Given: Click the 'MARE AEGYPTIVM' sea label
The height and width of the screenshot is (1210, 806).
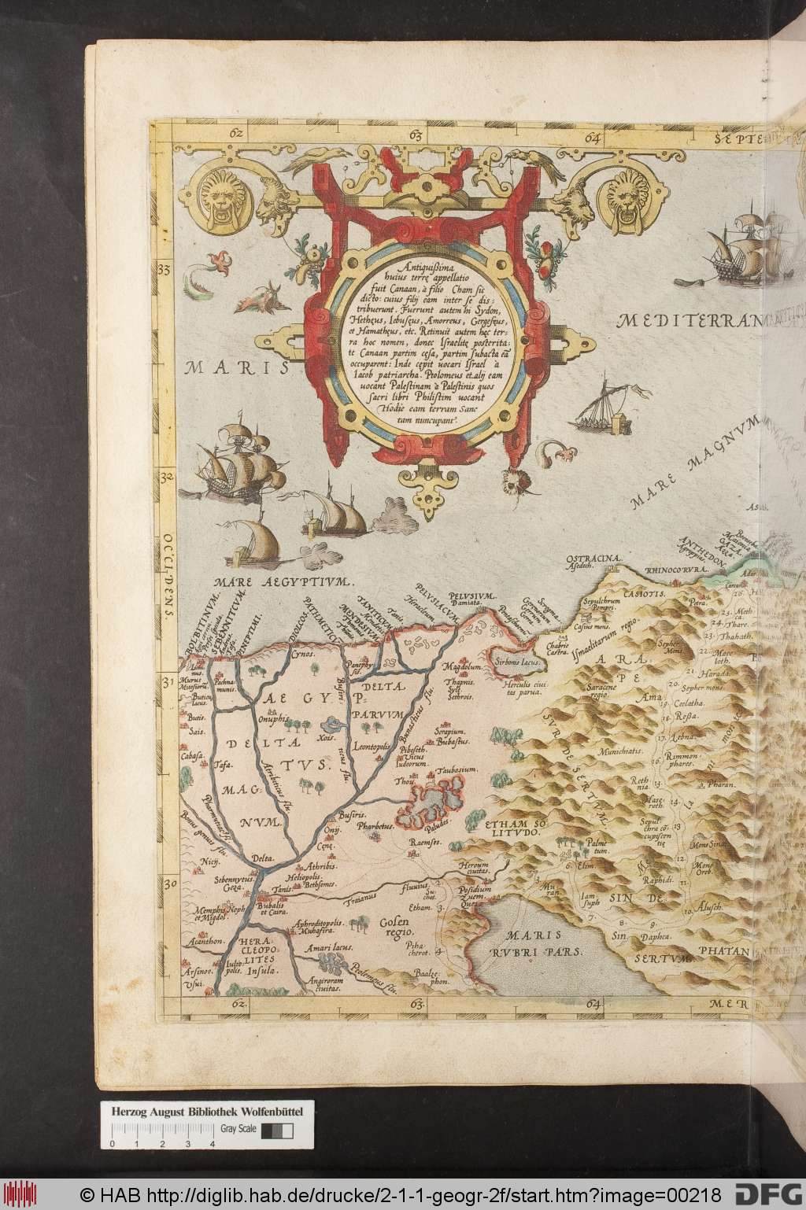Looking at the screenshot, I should (283, 583).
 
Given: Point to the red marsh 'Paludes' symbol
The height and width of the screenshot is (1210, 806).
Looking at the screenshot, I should (431, 802).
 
